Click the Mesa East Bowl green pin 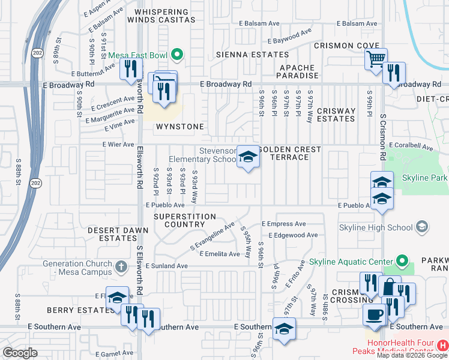point(176,56)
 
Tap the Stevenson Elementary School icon point(247,157)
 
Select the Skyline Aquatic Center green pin point(402,262)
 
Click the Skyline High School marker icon point(422,227)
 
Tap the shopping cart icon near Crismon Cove point(376,59)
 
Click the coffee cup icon point(375,314)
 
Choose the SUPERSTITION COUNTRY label point(184,220)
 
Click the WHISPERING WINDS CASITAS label point(165,16)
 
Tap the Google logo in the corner point(20,353)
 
